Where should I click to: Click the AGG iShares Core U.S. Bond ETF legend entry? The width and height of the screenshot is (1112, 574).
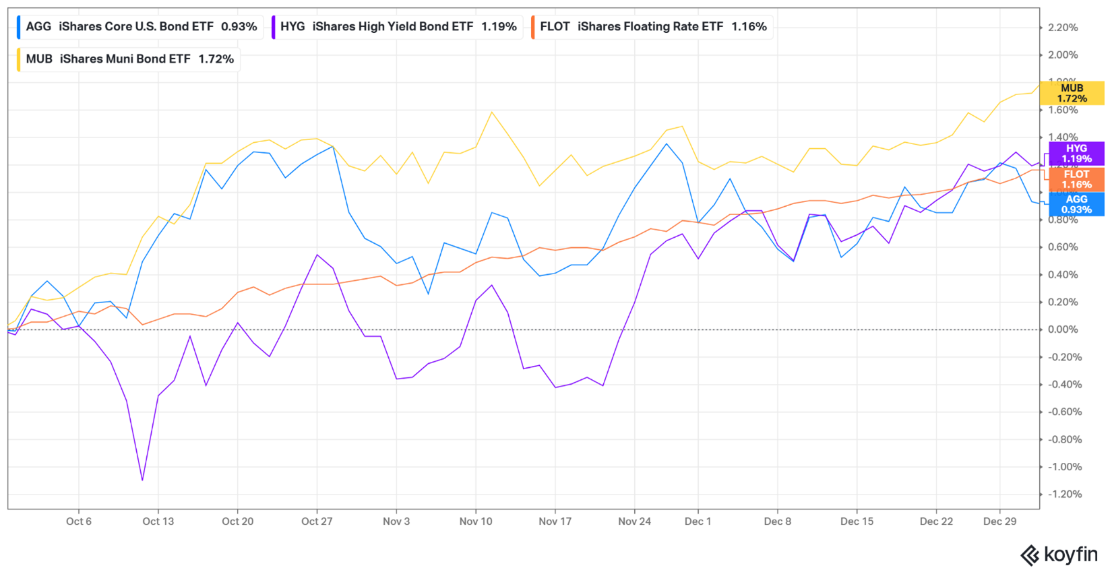(140, 27)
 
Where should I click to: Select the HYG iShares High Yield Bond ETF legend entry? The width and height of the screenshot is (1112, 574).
(398, 27)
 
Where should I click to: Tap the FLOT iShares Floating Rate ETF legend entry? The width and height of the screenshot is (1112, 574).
(652, 27)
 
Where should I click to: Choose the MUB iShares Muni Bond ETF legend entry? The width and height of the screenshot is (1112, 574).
(129, 59)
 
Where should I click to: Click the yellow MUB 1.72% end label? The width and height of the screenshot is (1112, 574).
(1072, 93)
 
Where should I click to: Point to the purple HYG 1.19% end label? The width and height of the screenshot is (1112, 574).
(1076, 154)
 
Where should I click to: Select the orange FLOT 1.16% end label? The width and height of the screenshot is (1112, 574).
(1076, 179)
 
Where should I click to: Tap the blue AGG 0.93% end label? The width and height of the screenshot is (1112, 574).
(1076, 204)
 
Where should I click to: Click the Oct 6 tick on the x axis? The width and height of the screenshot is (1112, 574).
(79, 521)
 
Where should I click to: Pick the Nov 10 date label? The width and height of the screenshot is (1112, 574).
(476, 521)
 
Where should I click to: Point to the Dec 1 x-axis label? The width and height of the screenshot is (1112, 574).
(698, 521)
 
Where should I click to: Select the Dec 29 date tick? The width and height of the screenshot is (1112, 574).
(999, 521)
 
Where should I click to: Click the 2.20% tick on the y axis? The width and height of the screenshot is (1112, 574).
(1063, 28)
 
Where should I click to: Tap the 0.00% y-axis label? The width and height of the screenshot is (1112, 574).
(1063, 329)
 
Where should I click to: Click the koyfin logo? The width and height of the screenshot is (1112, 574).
(1059, 554)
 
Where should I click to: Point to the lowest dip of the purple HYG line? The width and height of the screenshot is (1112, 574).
(142, 480)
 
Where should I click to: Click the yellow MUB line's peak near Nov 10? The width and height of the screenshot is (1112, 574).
(492, 113)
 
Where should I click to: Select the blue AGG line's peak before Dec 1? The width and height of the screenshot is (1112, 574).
(667, 144)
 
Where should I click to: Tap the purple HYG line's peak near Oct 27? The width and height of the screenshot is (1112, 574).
(317, 255)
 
